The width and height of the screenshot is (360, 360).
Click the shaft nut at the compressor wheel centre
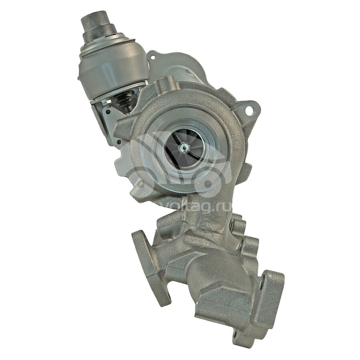click(184, 146)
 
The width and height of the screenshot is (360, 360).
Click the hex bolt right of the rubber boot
click(137, 91)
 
